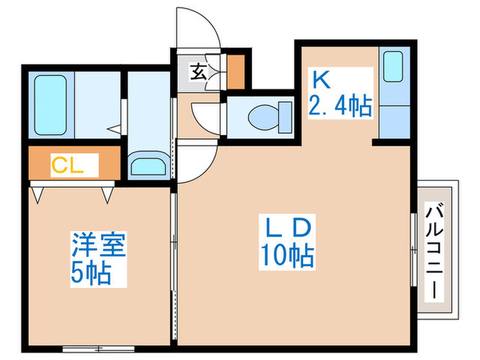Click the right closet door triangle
(108, 195)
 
